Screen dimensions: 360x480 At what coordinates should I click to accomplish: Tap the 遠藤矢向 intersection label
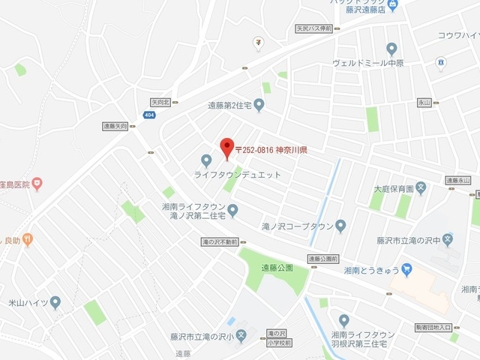coord(115,127)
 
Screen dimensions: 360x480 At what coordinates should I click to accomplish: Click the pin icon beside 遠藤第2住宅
coord(259,105)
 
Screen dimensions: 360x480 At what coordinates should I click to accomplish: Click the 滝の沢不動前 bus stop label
coord(219,242)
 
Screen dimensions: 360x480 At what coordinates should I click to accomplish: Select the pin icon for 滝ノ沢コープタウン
coord(340,225)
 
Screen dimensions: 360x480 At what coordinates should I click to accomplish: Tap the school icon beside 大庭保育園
coord(421,188)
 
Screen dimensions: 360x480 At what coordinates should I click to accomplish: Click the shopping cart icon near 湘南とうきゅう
coord(406,268)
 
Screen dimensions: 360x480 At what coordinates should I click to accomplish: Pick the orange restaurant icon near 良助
coord(28,240)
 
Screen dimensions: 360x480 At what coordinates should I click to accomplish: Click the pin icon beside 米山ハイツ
coord(55,302)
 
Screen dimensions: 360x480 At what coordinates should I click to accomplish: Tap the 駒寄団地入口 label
coord(433,327)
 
